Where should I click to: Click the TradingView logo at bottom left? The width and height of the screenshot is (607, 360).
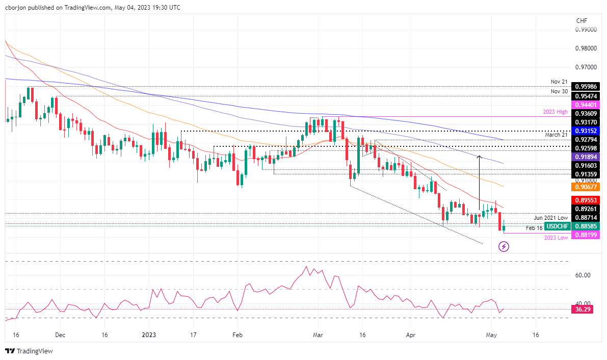(x=29, y=351)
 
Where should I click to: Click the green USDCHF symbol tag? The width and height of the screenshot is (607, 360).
(x=557, y=226)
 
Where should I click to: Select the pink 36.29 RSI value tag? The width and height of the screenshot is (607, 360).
(x=583, y=309)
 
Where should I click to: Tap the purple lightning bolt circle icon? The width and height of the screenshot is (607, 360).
(x=504, y=247)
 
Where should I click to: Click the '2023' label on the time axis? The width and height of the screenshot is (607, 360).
(x=149, y=335)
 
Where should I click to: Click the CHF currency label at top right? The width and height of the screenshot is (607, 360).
(x=581, y=20)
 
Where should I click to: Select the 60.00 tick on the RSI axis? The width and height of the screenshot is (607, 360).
(x=583, y=275)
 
